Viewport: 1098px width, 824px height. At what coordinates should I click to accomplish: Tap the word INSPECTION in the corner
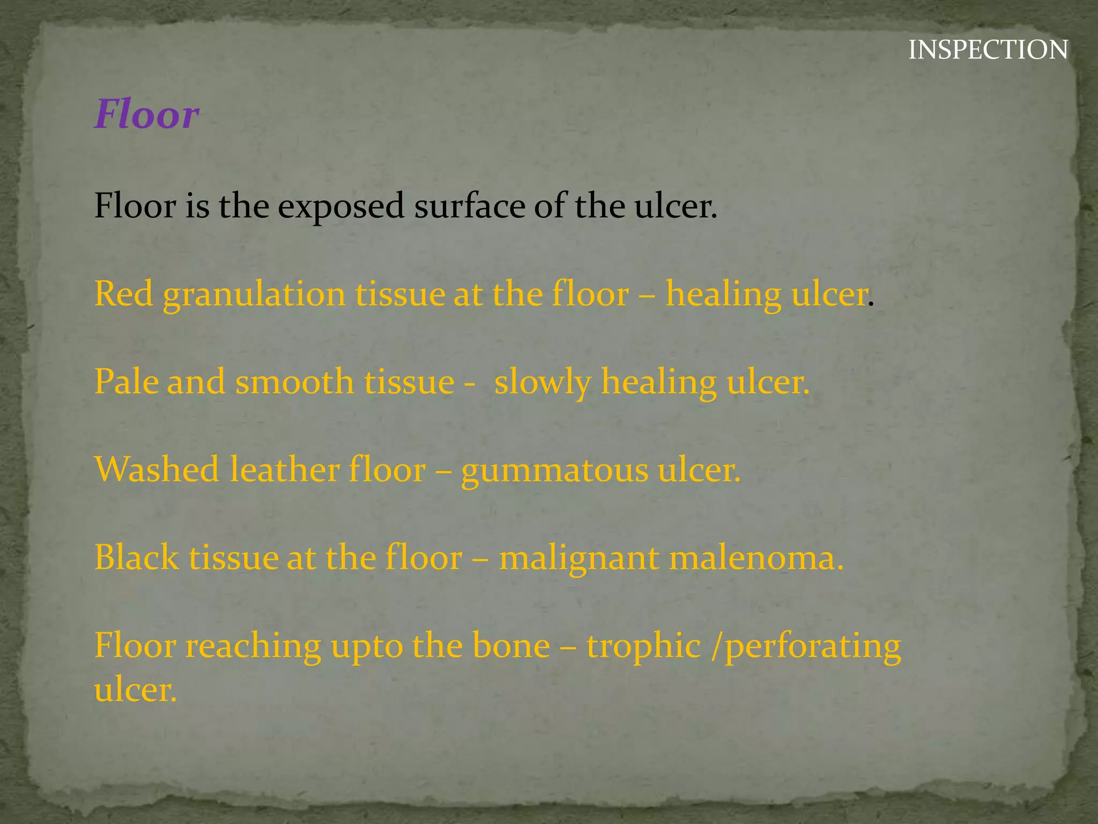click(988, 50)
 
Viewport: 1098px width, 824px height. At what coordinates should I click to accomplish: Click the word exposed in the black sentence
click(341, 207)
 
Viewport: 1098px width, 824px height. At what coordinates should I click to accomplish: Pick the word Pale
click(127, 382)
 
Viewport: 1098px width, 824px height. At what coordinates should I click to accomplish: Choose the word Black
click(136, 557)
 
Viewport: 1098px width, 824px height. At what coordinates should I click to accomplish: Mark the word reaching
click(253, 646)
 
